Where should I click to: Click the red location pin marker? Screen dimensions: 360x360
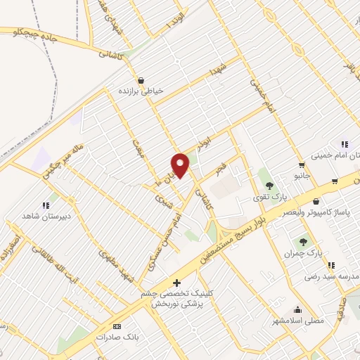click(181, 165)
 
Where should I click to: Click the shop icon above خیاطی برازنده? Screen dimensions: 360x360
click(141, 80)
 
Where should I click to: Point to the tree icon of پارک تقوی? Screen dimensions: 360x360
click(269, 186)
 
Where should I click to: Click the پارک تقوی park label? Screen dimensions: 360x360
click(269, 198)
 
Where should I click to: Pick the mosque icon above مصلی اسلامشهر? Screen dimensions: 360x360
click(297, 309)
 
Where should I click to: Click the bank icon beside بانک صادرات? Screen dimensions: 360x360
click(117, 327)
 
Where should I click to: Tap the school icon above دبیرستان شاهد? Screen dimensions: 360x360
click(46, 205)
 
